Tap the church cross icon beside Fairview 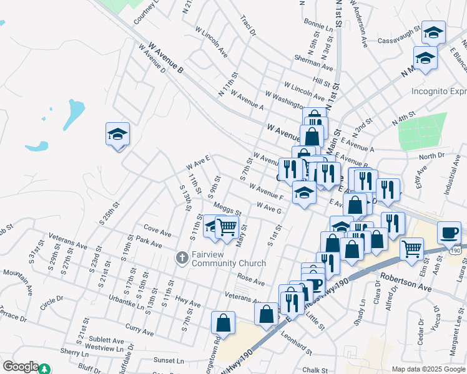[x=182, y=257]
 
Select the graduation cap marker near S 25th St [x=117, y=135]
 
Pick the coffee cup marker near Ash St [x=449, y=233]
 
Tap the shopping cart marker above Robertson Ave [x=411, y=249]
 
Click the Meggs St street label [x=227, y=208]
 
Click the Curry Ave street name [x=139, y=328]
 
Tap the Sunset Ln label [x=169, y=360]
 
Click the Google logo [x=20, y=367]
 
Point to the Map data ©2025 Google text [x=428, y=369]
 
